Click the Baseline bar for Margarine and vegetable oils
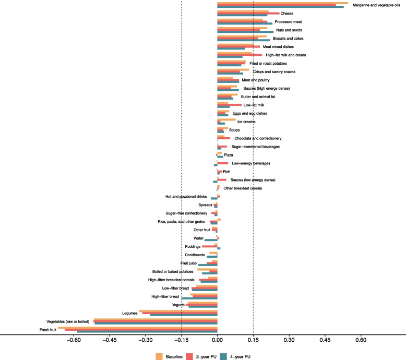(283, 3)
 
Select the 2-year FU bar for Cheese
(248, 13)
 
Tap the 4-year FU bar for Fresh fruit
(147, 332)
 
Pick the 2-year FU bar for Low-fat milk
(230, 105)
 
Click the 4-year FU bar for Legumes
(184, 315)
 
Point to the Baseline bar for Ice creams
(226, 119)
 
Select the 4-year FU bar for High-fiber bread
(199, 298)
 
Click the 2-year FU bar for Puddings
(209, 246)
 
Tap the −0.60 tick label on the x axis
(74, 340)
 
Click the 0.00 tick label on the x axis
(217, 340)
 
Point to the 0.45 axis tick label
(325, 340)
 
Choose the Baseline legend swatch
(159, 357)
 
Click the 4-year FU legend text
(240, 357)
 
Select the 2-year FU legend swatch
(189, 357)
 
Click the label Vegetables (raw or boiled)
(68, 321)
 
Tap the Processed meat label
(288, 22)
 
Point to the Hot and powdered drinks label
(186, 197)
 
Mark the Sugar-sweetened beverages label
(256, 147)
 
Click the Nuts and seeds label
(289, 30)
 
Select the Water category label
(199, 238)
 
